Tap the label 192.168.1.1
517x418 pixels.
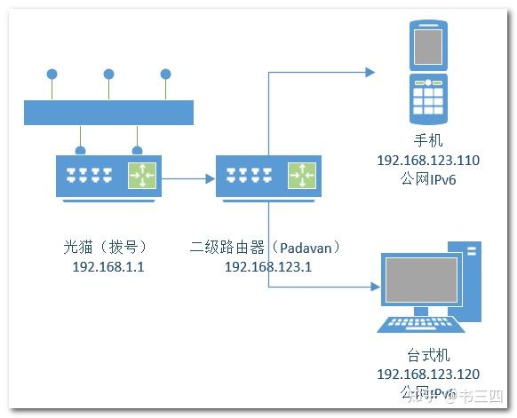[x=107, y=265]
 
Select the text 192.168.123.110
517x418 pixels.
[x=427, y=161]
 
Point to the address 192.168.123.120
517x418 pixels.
[x=428, y=375]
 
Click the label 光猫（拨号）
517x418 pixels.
[x=107, y=246]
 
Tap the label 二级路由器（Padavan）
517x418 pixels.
[x=266, y=246]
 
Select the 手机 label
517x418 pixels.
[x=427, y=141]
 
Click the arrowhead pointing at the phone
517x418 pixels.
[x=370, y=73]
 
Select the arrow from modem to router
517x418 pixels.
[x=187, y=177]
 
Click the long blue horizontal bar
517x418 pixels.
[x=108, y=112]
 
